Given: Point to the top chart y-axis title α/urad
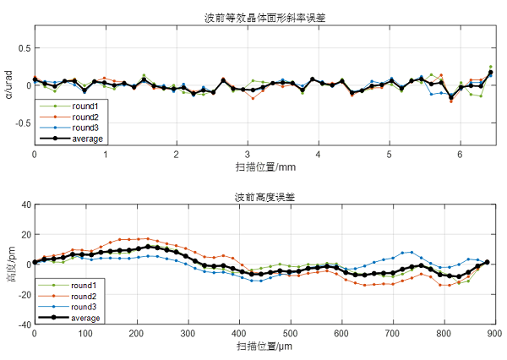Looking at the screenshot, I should pos(9,85).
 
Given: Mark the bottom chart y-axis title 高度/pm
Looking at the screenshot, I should pos(9,264).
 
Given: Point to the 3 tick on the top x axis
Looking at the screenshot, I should pos(247,155).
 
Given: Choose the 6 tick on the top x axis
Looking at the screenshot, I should pos(460,155).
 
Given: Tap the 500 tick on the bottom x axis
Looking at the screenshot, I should pos(290,335).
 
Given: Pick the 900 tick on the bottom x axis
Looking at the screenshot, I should pos(494,335).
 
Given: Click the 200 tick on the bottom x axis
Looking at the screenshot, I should pos(136,335).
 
